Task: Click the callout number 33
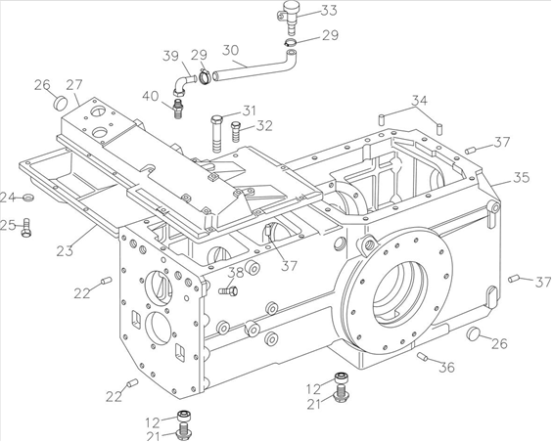pyautogui.click(x=329, y=11)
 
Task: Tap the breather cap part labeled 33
pyautogui.click(x=289, y=17)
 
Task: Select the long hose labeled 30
pyautogui.click(x=255, y=66)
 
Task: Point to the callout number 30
pyautogui.click(x=231, y=50)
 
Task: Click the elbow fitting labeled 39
pyautogui.click(x=184, y=85)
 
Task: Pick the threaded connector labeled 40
pyautogui.click(x=179, y=108)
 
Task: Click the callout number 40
pyautogui.click(x=151, y=96)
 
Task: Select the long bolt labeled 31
pyautogui.click(x=216, y=134)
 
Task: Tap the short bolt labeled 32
pyautogui.click(x=235, y=131)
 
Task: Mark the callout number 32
pyautogui.click(x=264, y=126)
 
